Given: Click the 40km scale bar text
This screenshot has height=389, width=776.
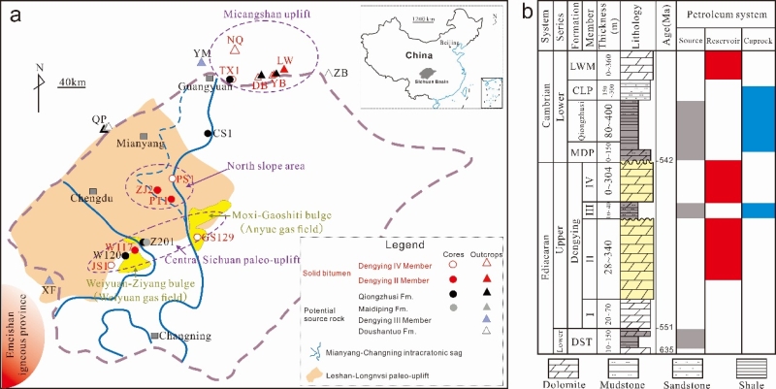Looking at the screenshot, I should tap(71, 81).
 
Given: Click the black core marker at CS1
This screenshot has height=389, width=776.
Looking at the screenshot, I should tap(208, 133).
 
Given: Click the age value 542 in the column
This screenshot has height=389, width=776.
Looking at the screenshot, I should tap(664, 160).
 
